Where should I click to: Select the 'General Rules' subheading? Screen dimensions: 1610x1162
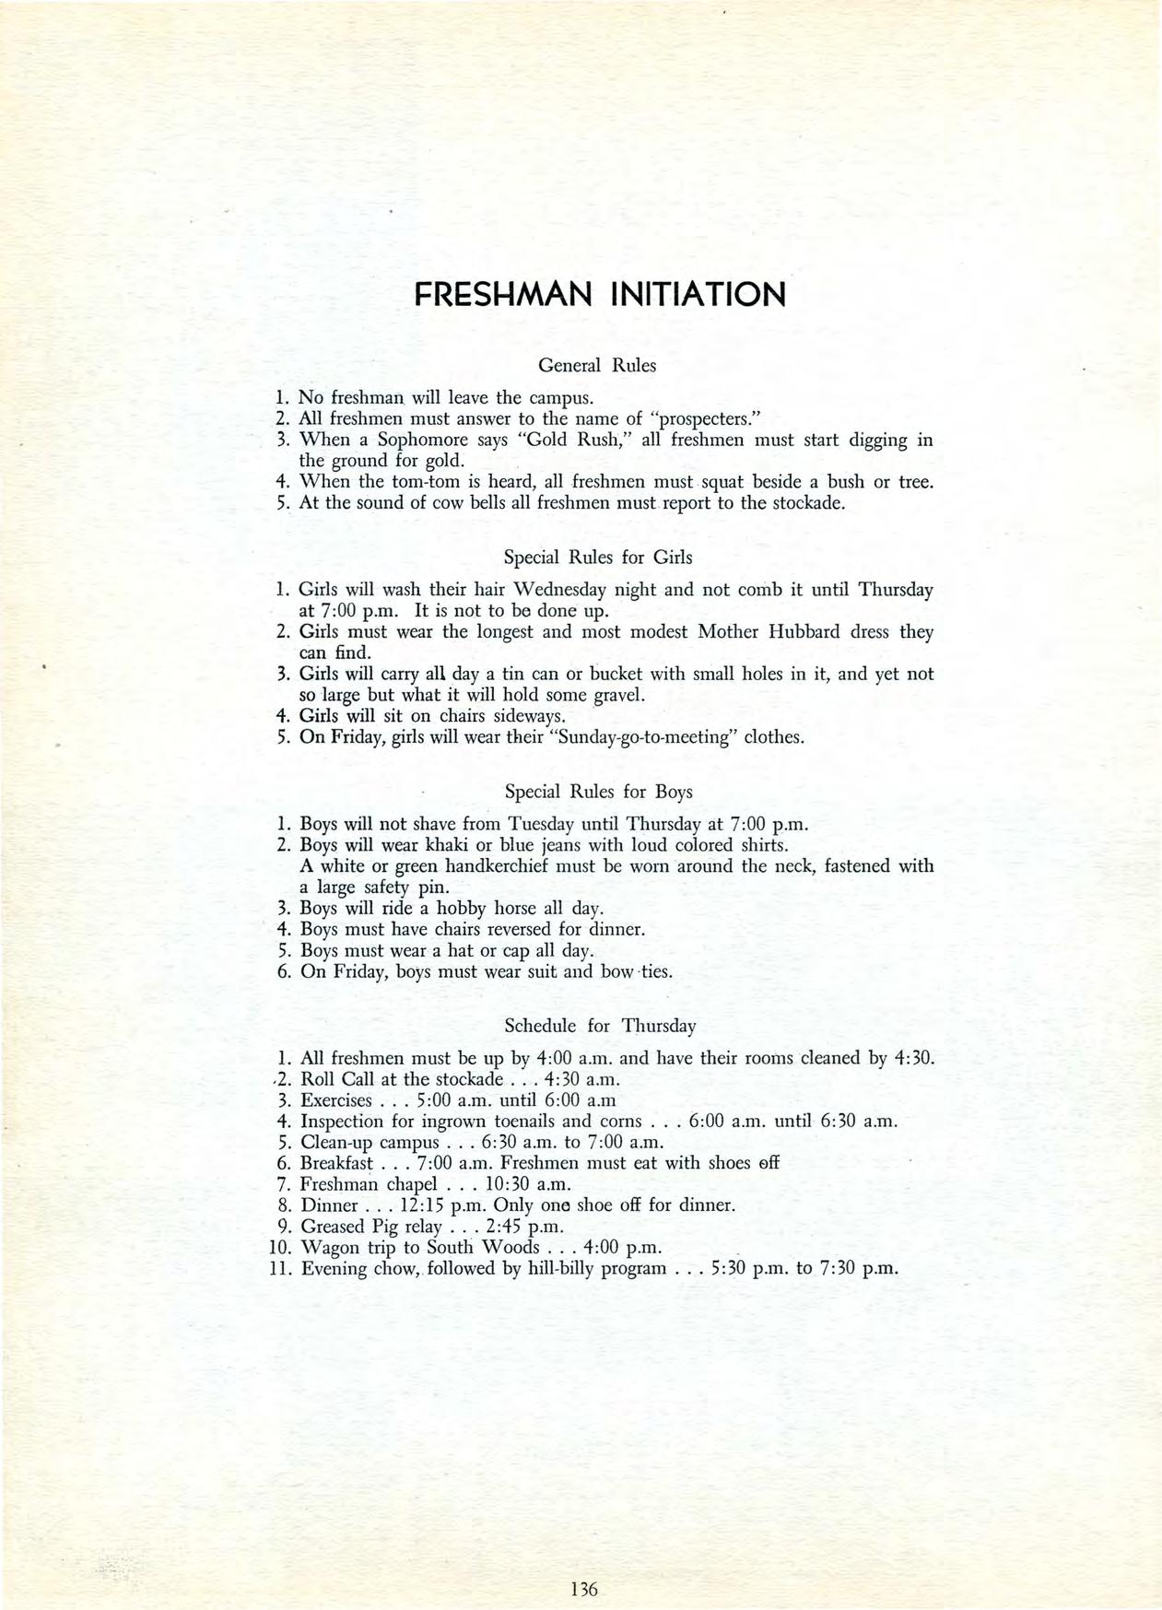click(596, 365)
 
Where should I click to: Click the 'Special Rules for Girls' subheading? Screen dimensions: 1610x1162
click(598, 558)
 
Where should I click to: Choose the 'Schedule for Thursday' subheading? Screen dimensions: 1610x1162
click(600, 1026)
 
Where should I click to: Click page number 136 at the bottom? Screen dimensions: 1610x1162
click(584, 1537)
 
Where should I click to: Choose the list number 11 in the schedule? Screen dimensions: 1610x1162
click(282, 1268)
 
